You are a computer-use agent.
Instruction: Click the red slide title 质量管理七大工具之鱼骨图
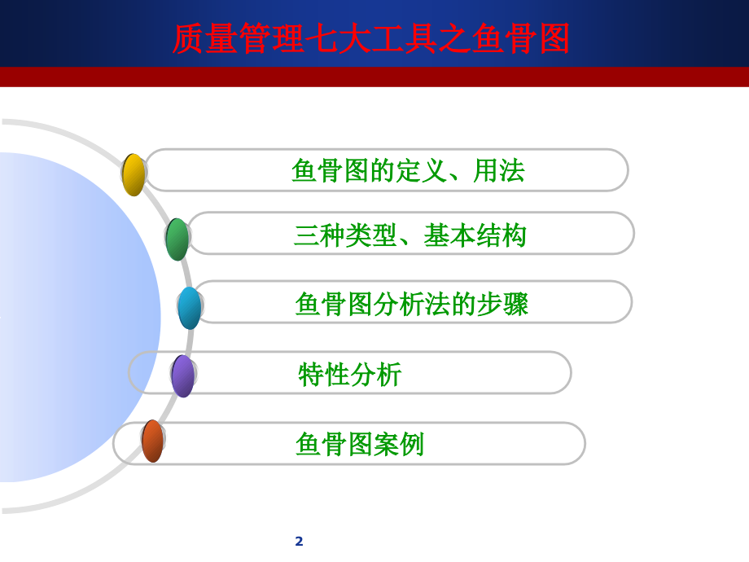tap(370, 38)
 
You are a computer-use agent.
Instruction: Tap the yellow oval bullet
tap(134, 175)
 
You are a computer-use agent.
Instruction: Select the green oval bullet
tap(177, 239)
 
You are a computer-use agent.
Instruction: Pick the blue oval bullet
tap(190, 308)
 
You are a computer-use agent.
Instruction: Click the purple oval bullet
tap(183, 376)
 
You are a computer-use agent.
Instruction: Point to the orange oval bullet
tap(153, 441)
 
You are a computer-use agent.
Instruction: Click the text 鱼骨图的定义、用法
tap(409, 170)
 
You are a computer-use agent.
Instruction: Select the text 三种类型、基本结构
tap(410, 235)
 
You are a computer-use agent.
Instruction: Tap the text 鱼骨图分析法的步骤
tap(412, 304)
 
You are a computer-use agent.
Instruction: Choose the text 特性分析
tap(350, 374)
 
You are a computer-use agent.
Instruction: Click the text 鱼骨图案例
tap(360, 444)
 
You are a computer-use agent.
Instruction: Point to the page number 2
tap(299, 541)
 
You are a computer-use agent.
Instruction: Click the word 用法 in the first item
tap(499, 170)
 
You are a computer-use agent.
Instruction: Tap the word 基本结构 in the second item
tap(475, 235)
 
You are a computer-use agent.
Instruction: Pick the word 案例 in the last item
tap(398, 444)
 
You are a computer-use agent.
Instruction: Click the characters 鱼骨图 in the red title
tap(521, 38)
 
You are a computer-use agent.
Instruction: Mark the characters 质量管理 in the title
tap(238, 38)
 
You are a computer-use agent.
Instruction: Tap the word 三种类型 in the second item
tap(345, 235)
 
